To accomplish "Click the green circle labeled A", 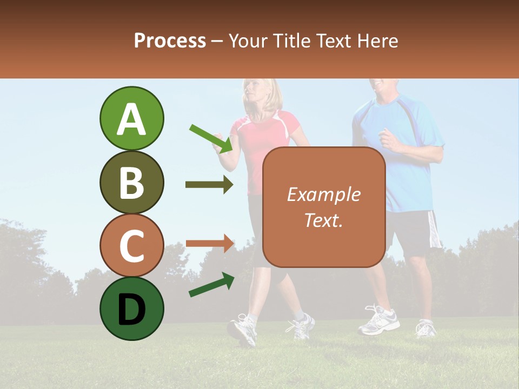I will point(131,118).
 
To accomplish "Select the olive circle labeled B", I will point(131,182).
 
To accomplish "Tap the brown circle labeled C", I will point(131,245).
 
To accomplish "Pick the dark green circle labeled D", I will point(131,308).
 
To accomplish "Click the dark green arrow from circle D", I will point(211,285).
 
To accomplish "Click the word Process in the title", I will point(170,41).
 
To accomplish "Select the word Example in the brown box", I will point(323,194).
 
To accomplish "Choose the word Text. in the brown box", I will point(323,220).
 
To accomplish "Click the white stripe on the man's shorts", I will point(434,230).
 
